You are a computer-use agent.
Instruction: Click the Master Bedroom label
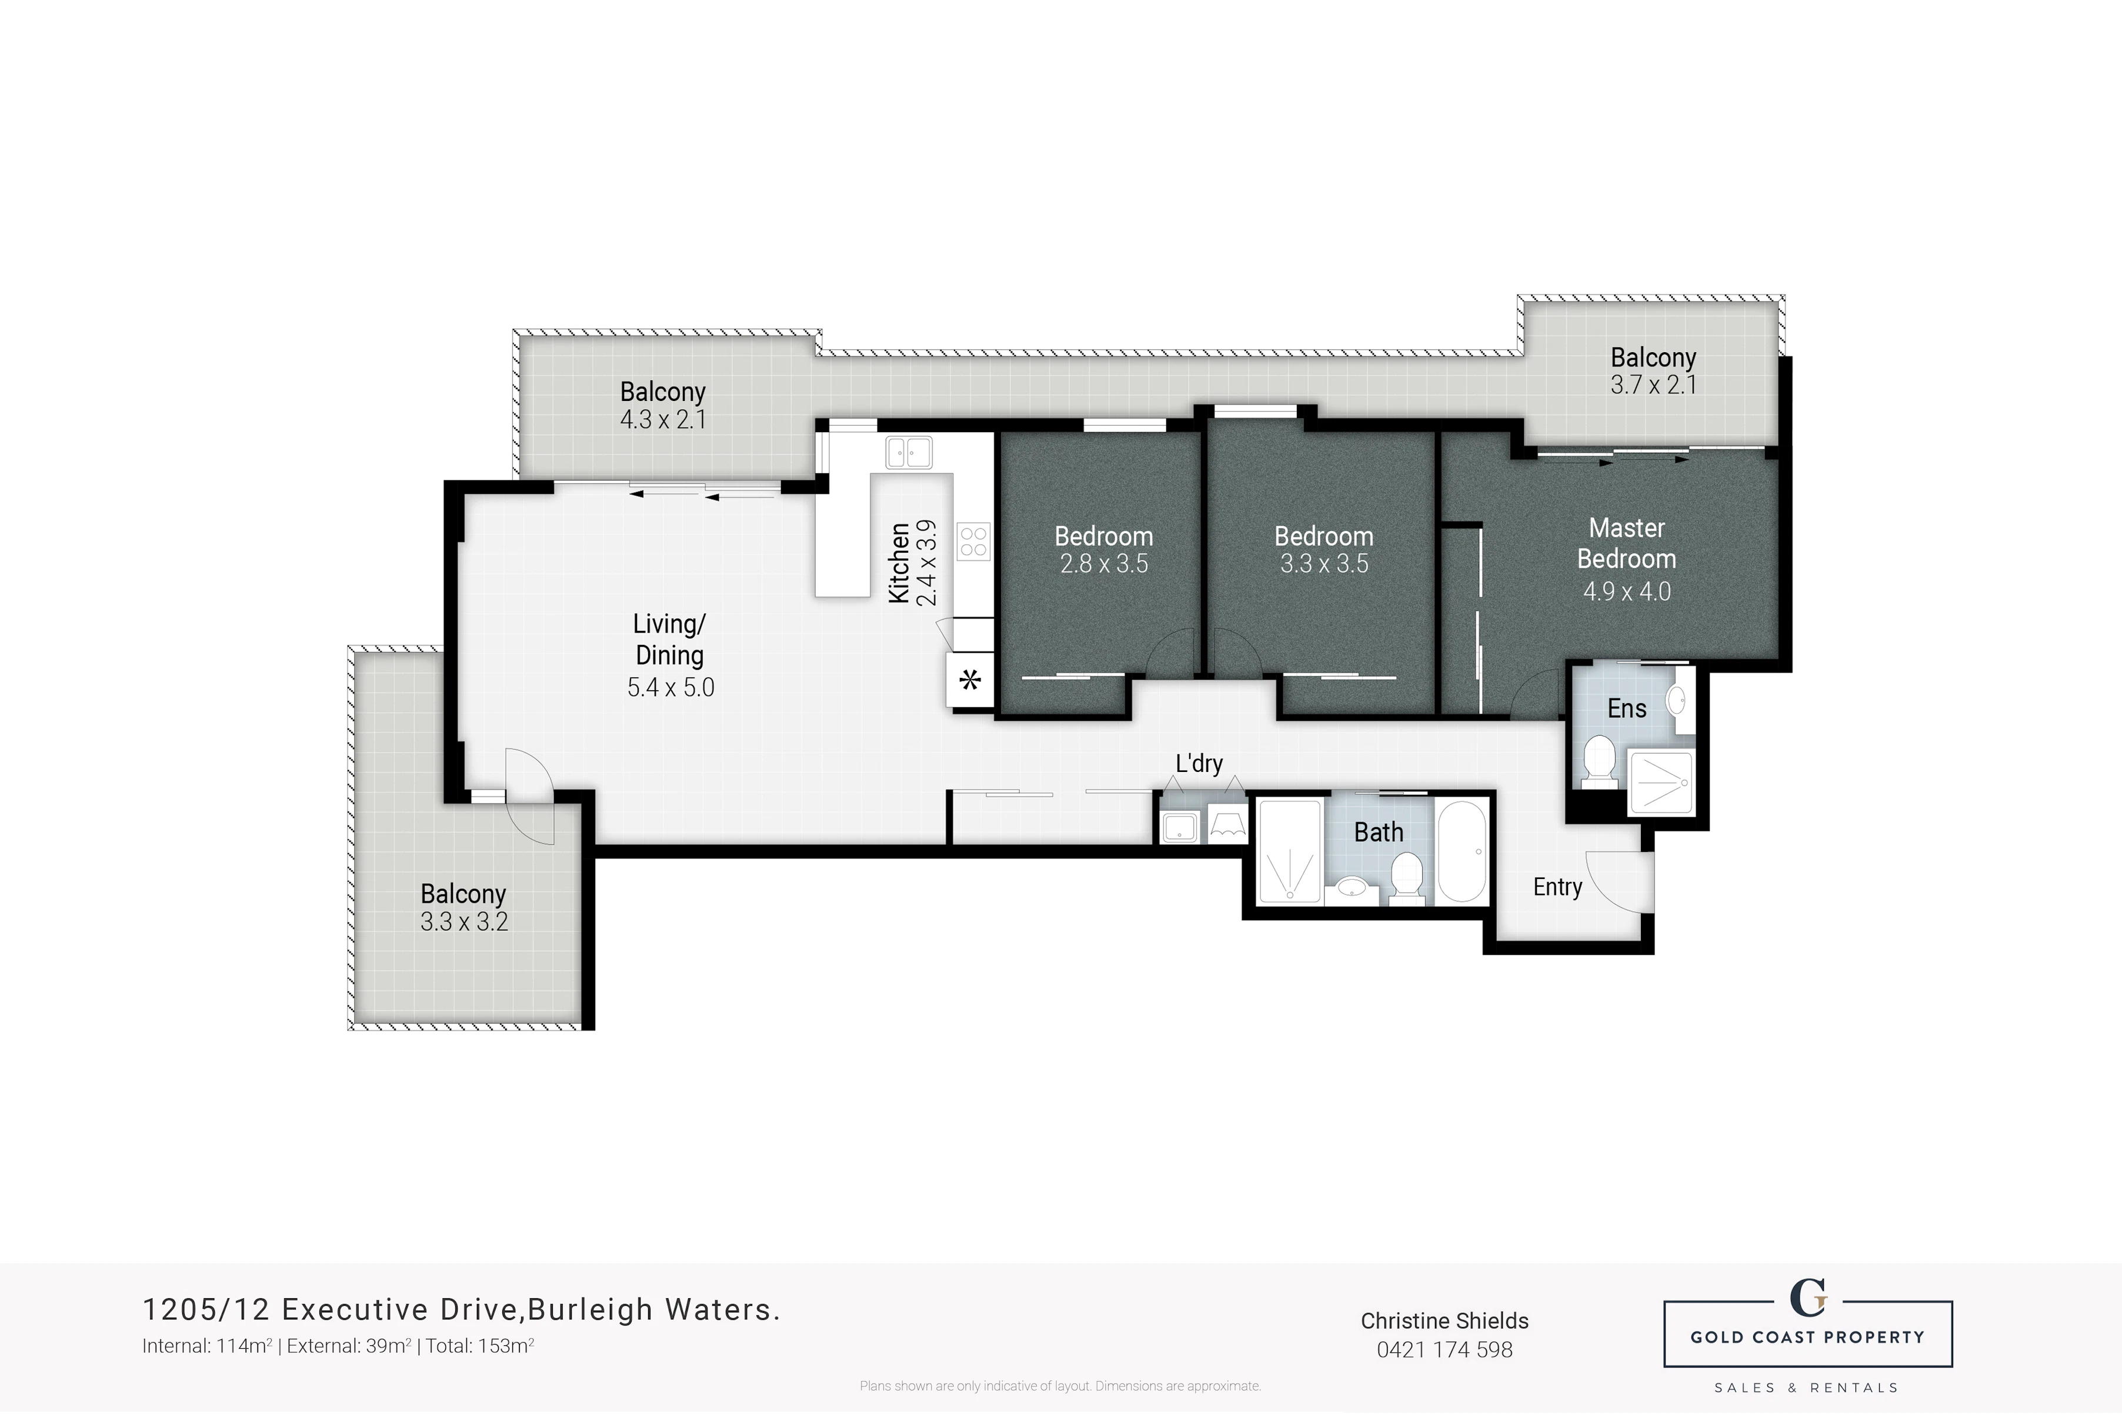click(1626, 543)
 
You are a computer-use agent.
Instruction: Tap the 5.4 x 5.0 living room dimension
click(670, 687)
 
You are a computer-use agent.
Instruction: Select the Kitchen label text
click(899, 563)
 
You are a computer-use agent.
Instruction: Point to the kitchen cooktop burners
click(974, 542)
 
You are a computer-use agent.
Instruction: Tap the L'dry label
click(1199, 763)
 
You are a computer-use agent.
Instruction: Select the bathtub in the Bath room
click(1462, 851)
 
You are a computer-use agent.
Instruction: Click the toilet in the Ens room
click(1599, 760)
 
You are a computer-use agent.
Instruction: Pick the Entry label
click(1557, 887)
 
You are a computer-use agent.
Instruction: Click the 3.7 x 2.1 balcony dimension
click(1653, 385)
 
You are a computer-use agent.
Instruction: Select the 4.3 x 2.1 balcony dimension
click(663, 419)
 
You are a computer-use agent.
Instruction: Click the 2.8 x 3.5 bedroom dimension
click(1104, 564)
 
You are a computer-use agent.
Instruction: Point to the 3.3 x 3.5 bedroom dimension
click(1324, 564)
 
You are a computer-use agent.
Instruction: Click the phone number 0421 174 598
click(1444, 1350)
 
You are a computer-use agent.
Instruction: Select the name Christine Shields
click(1444, 1321)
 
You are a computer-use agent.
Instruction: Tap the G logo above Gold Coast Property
click(1807, 1299)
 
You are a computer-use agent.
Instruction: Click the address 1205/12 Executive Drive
click(333, 1309)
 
